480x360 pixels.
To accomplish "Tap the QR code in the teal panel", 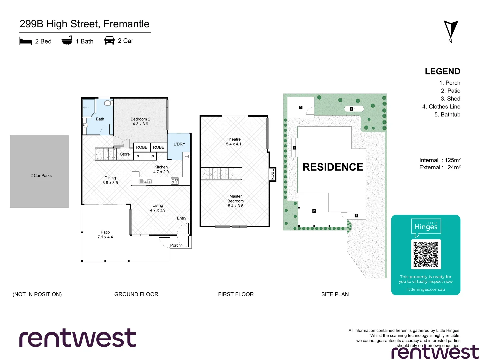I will coord(426,254).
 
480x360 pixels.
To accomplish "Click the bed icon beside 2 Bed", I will coord(26,41).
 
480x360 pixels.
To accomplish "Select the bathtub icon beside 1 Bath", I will coord(67,40).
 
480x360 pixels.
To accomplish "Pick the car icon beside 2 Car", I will coord(109,41).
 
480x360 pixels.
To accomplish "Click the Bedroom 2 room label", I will coord(140,121).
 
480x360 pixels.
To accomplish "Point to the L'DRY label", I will coord(179,144).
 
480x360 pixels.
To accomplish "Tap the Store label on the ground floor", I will coord(125,154).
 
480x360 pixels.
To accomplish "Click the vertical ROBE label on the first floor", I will coord(272,175).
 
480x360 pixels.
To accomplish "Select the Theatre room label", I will coord(234,142).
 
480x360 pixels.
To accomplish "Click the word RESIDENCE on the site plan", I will coord(333,167).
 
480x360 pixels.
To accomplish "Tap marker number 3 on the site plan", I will coord(301,107).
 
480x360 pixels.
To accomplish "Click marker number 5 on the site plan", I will coord(351,109).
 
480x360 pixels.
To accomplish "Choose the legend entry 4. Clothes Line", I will coord(441,107).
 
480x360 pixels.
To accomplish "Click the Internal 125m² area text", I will coord(440,160).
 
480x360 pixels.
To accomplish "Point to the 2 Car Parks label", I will coord(41,176).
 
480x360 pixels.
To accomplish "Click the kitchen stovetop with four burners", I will coord(174,181).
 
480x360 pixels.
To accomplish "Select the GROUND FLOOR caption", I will coord(136,294).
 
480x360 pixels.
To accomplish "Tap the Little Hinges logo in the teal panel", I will coord(426,227).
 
